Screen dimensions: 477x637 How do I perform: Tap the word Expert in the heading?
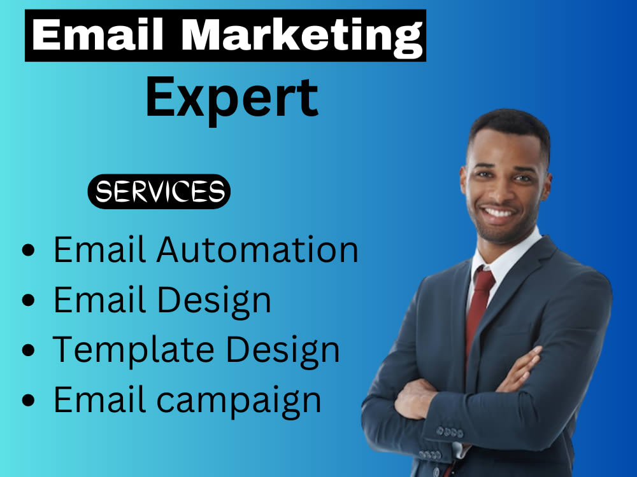[x=232, y=97]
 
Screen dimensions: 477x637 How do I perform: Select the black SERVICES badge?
[x=159, y=191]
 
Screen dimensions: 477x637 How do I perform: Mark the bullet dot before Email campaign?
[x=29, y=401]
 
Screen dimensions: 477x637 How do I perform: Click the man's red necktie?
[x=480, y=305]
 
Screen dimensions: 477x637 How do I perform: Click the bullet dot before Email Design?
[x=29, y=301]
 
